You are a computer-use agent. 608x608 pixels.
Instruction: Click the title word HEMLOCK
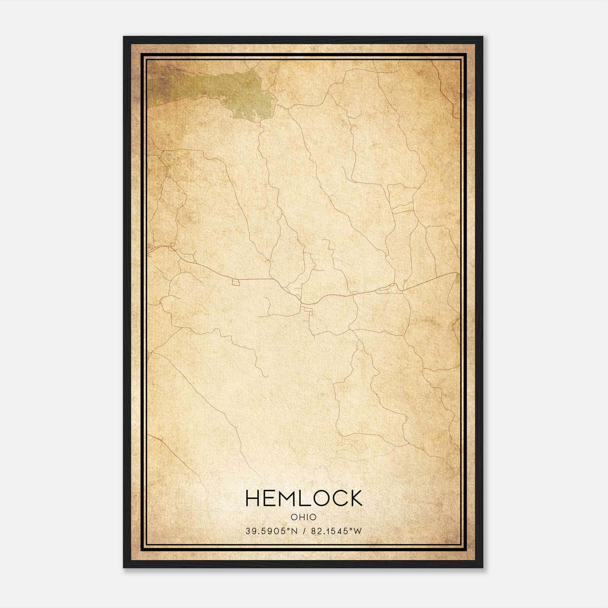coord(304,498)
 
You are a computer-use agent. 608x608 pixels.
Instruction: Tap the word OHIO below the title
coord(304,517)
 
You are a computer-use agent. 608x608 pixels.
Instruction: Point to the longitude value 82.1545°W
coord(336,531)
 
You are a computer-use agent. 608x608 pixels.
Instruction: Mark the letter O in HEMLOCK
coord(319,498)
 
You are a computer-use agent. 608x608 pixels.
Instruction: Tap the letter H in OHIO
coord(301,517)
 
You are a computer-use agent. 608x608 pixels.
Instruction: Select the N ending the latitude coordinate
coord(295,531)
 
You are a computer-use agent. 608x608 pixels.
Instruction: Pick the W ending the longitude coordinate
coord(358,531)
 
